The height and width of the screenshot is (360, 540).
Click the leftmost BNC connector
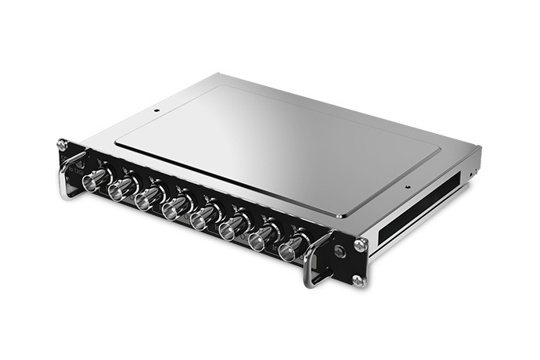pos(95,180)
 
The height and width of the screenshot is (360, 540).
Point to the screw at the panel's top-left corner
pos(62,144)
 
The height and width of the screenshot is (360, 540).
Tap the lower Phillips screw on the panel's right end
pos(358,279)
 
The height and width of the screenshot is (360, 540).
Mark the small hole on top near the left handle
pos(157,110)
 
